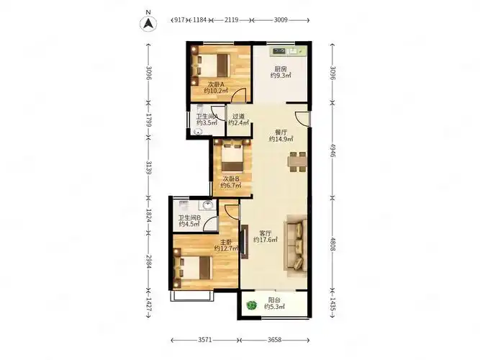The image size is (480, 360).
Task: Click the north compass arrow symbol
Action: pos(148,24)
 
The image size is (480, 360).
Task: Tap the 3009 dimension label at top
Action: pos(281,20)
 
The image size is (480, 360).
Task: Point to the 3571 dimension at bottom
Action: pos(205,340)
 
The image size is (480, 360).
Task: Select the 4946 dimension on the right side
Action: pos(332,150)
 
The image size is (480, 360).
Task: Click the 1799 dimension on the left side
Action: pos(149,120)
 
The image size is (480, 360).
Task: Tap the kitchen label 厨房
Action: pos(281,69)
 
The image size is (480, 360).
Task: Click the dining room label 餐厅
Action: pos(281,132)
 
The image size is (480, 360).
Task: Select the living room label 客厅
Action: pos(265,233)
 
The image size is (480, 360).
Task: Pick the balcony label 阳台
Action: pos(274,300)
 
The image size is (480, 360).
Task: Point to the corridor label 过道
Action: pos(238,117)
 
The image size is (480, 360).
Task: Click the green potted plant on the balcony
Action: pos(251,305)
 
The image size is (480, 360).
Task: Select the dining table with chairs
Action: pos(297,161)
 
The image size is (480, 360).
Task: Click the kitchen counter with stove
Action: pos(288,51)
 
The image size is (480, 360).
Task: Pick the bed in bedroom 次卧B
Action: pos(232,157)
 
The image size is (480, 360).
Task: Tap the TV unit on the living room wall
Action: pos(245,242)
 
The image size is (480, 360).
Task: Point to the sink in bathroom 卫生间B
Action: pos(207,205)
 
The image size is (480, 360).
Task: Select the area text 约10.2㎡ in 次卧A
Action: pos(216,91)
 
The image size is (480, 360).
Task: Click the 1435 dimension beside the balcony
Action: pos(332,304)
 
